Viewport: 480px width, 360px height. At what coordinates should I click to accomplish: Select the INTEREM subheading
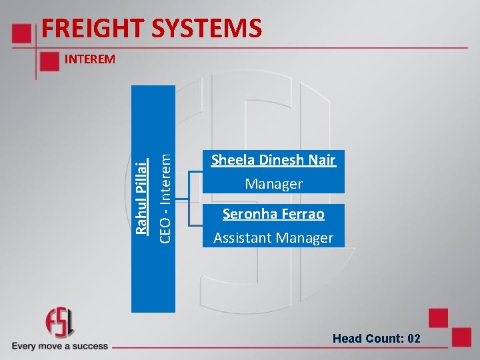(x=89, y=59)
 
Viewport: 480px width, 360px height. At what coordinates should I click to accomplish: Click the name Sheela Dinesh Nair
(x=273, y=160)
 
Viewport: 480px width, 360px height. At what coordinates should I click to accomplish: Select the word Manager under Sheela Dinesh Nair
(x=273, y=184)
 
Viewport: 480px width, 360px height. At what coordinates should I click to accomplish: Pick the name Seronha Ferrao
(x=273, y=214)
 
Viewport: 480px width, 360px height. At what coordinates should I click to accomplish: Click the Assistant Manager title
(x=273, y=238)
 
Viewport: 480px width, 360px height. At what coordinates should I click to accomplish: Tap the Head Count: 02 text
(x=377, y=339)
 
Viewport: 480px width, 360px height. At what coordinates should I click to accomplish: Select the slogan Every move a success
(x=59, y=346)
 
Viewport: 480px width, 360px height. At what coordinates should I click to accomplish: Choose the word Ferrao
(x=301, y=214)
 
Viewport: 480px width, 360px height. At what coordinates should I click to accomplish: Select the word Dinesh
(x=282, y=160)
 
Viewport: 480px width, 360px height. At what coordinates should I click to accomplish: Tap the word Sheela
(x=233, y=160)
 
